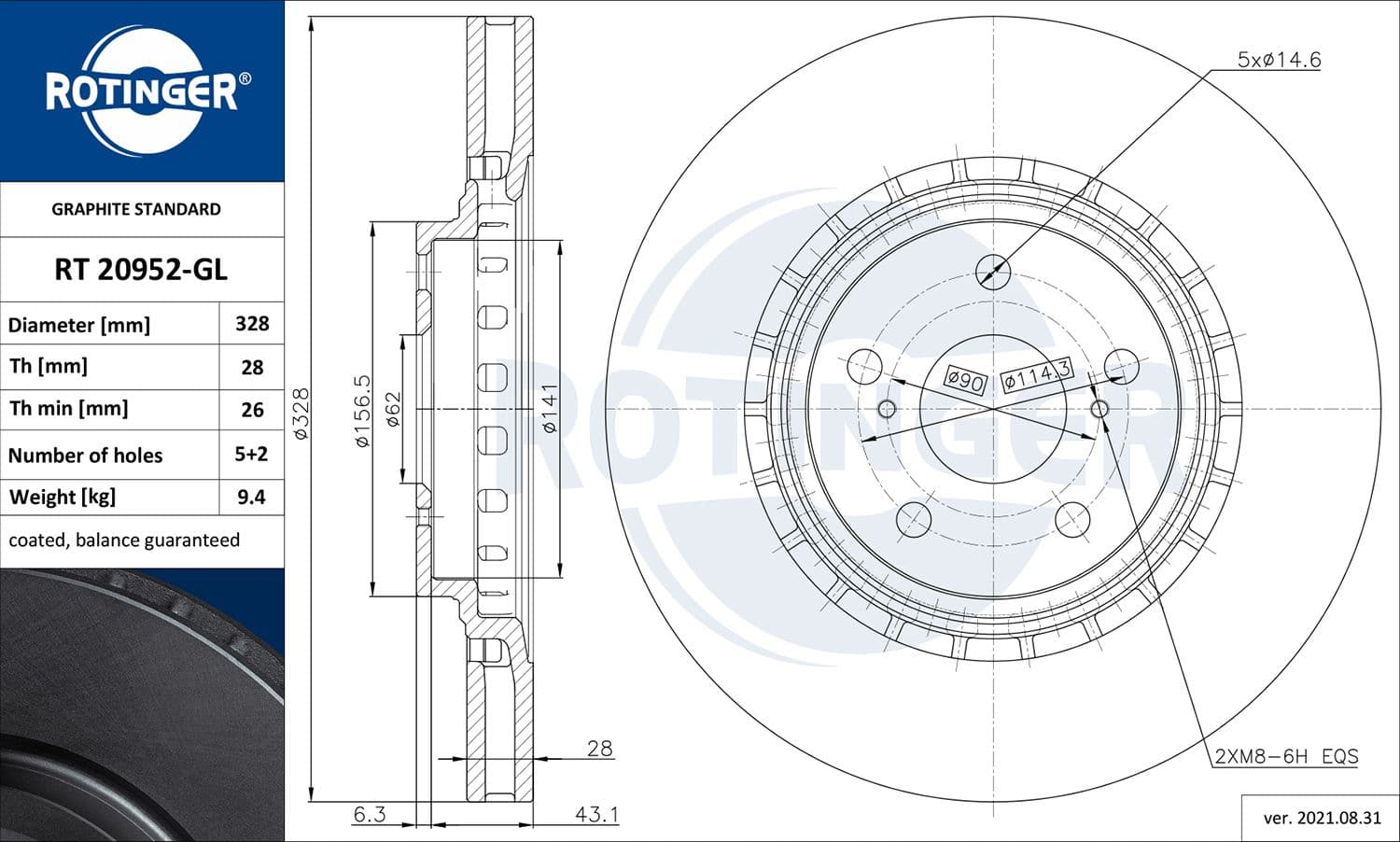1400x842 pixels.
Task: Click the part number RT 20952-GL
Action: point(141,270)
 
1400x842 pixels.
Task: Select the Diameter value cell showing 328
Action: point(252,324)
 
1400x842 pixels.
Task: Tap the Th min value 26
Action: point(252,410)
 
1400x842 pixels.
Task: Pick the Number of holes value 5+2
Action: point(252,455)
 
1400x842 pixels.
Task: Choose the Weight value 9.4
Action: point(252,498)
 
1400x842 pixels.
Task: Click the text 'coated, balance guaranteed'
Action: point(124,540)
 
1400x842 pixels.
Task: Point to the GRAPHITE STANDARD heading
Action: point(136,209)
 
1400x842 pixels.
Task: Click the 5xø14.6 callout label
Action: point(1279,60)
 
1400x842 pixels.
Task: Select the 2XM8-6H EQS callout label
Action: point(1286,756)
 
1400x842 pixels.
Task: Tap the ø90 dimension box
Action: point(964,380)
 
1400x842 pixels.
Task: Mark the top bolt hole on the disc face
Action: point(993,272)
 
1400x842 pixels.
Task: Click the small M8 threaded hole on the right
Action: point(1099,409)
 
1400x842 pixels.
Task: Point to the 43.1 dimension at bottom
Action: point(596,814)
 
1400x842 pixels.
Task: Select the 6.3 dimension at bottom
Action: point(370,814)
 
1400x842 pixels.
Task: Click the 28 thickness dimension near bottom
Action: point(599,748)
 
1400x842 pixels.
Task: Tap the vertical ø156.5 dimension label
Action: point(363,410)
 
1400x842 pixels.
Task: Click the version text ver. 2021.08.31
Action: point(1322,818)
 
